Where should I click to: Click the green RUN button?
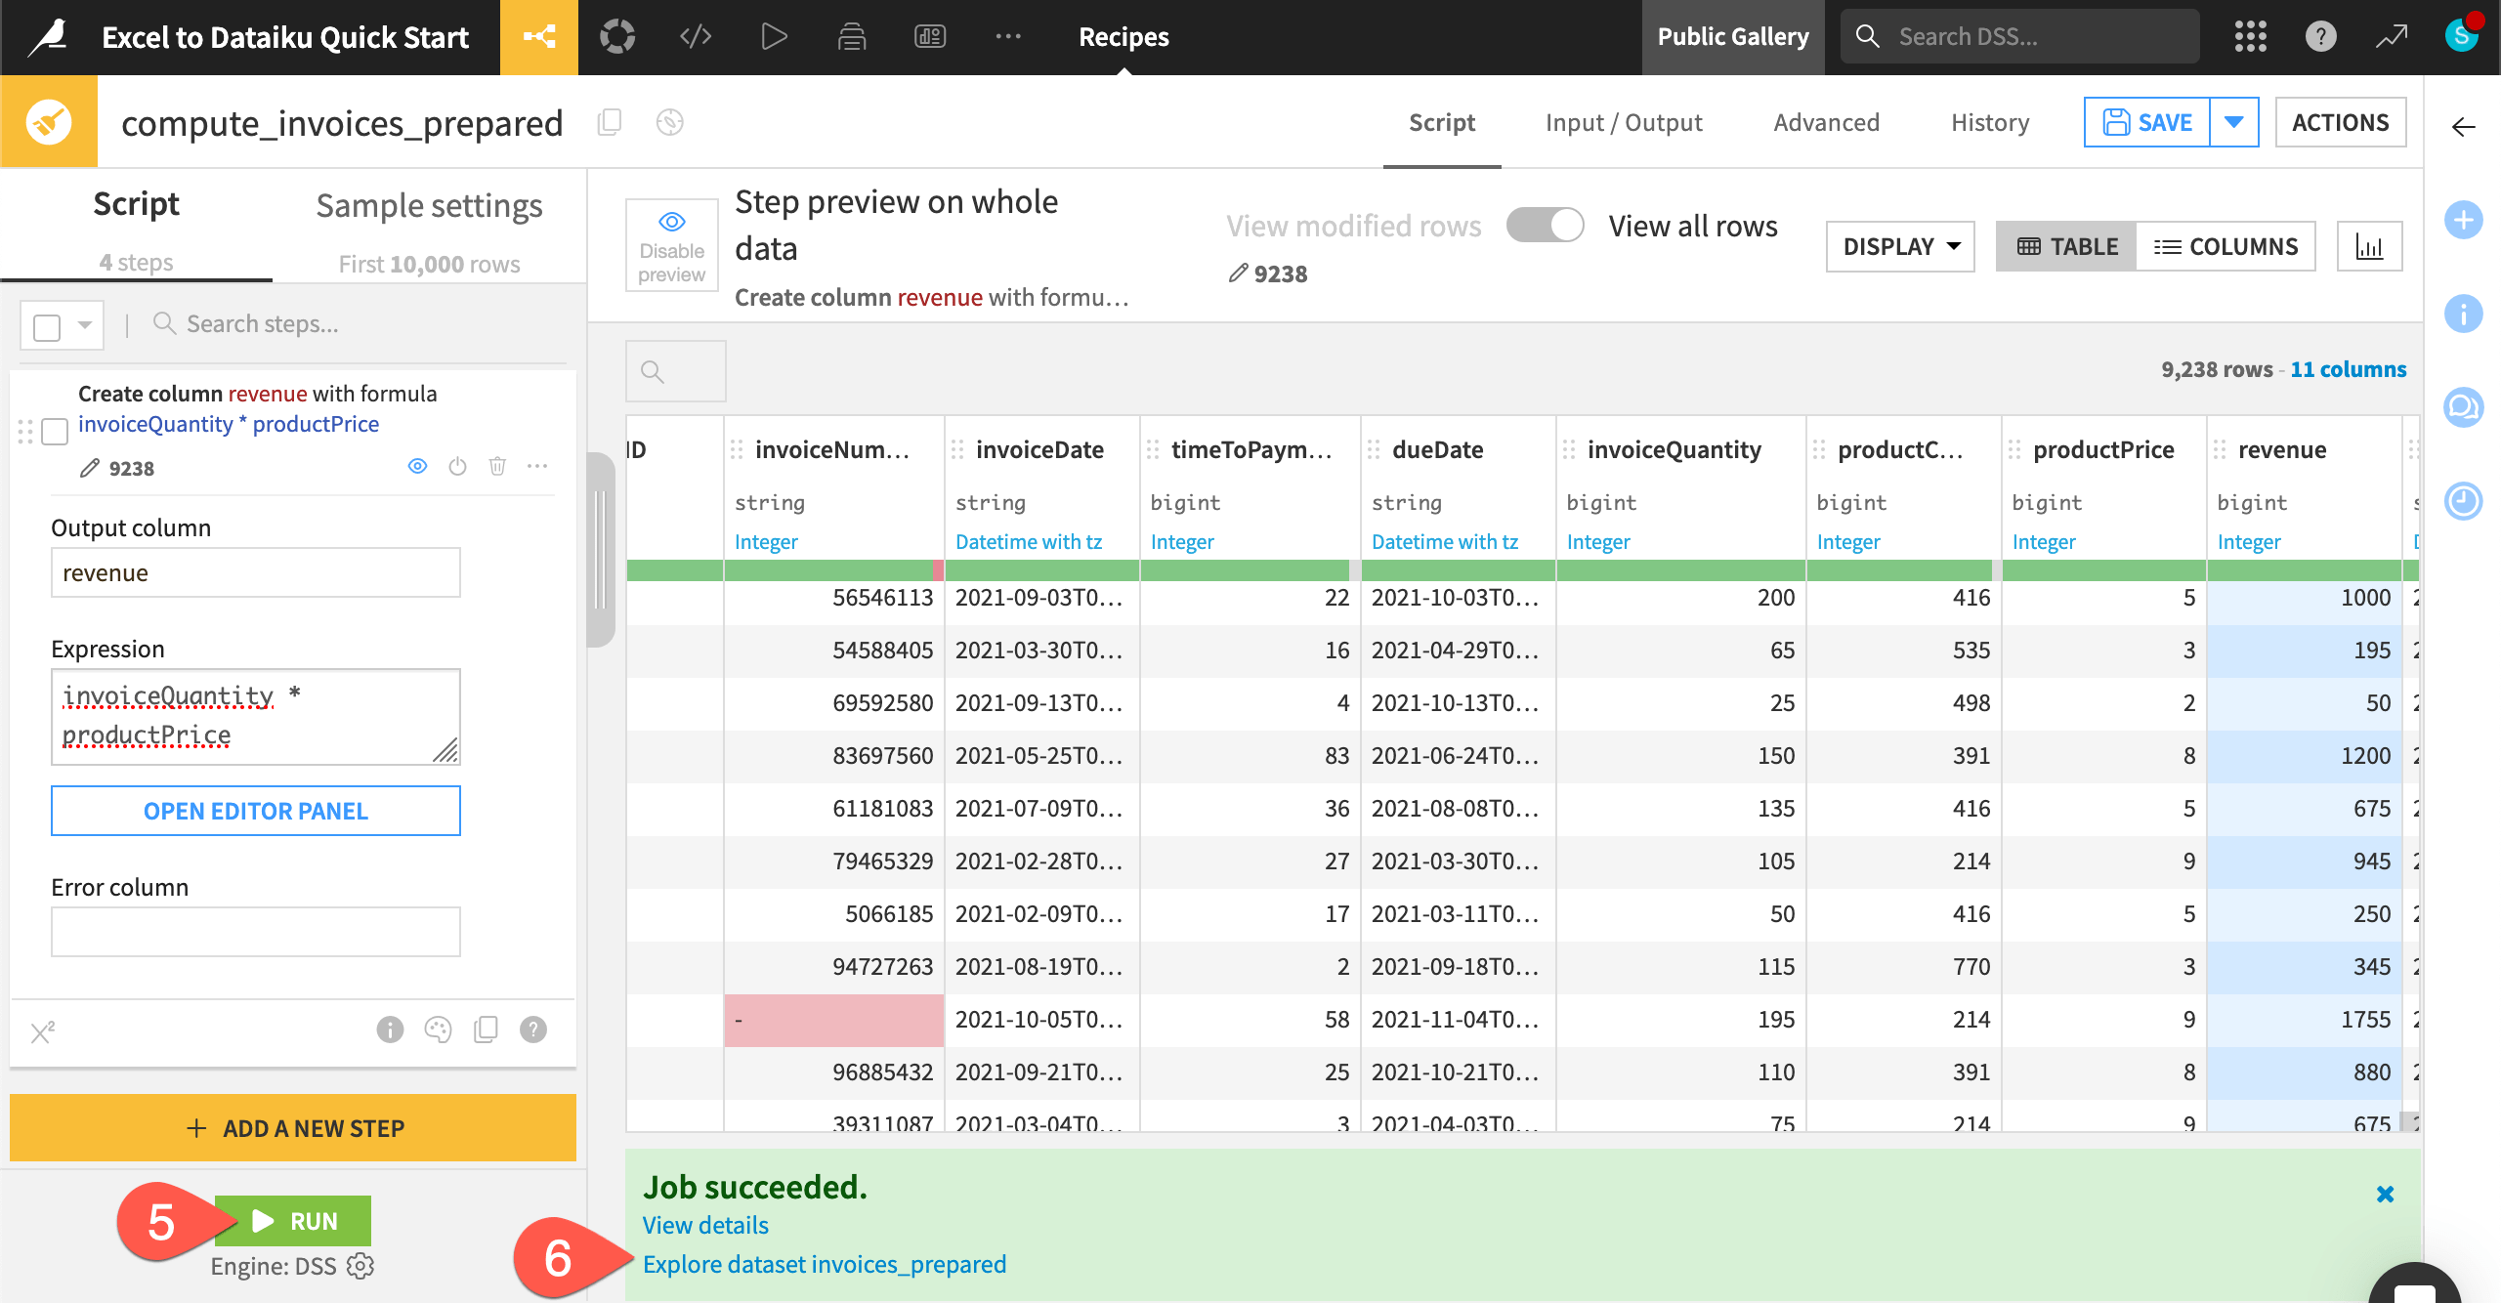point(293,1221)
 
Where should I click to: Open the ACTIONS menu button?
point(2340,123)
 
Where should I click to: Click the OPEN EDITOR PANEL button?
point(256,811)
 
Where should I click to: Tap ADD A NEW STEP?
point(293,1128)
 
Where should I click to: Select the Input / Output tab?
point(1624,123)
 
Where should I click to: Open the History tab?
point(1990,123)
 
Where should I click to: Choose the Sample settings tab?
point(429,206)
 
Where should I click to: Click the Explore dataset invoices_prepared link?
point(824,1264)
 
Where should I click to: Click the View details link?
point(705,1225)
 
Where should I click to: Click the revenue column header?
point(2282,449)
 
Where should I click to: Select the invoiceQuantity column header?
point(1674,449)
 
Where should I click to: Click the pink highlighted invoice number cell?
point(833,1020)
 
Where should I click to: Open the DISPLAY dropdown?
point(1900,247)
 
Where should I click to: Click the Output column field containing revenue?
point(256,573)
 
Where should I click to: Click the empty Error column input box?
point(256,932)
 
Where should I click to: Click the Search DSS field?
point(2032,37)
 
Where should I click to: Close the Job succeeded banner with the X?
point(2385,1194)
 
